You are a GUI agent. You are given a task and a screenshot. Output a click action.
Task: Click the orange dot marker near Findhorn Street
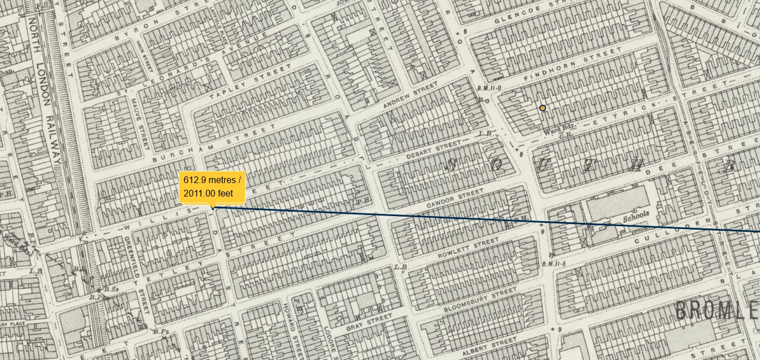[x=542, y=108]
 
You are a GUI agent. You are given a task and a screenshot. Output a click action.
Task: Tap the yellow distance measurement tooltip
[x=212, y=187]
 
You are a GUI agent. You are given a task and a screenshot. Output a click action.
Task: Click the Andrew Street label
[x=410, y=96]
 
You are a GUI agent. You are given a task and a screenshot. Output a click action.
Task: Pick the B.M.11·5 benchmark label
[x=554, y=264]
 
